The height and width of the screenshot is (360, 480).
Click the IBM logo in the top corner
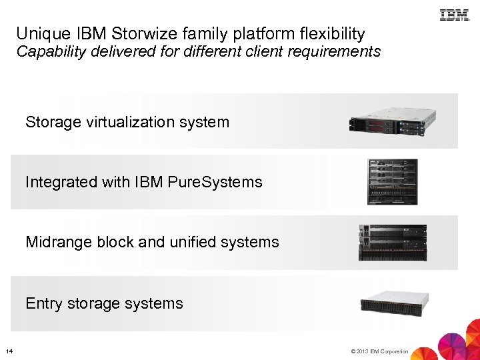click(x=455, y=14)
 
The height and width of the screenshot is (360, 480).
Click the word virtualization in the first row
click(x=127, y=122)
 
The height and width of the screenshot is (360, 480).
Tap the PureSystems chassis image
click(x=392, y=181)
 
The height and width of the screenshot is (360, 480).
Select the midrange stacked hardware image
click(x=393, y=242)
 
